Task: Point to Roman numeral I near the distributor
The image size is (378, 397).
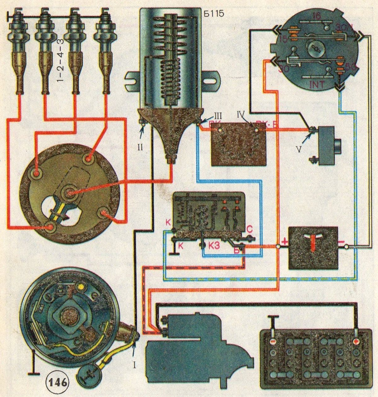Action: click(135, 365)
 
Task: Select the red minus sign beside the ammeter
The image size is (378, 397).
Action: click(341, 242)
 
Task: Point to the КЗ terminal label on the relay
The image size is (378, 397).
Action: click(214, 245)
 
